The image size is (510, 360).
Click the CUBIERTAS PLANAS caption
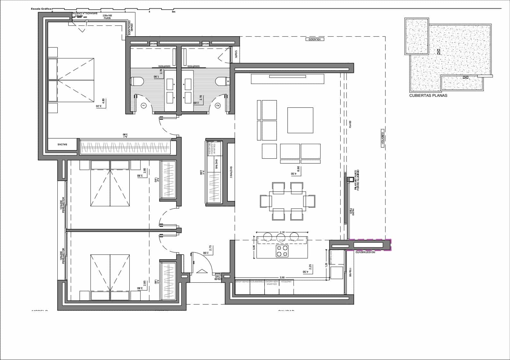pyautogui.click(x=428, y=95)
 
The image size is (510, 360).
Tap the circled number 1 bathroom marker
pyautogui.click(x=144, y=105)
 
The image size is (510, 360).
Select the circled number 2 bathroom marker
pyautogui.click(x=218, y=105)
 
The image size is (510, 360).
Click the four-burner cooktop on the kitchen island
pyautogui.click(x=282, y=250)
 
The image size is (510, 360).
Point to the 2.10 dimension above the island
pyautogui.click(x=282, y=232)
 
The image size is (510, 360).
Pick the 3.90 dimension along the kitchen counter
pyautogui.click(x=282, y=277)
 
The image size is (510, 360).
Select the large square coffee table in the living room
pyautogui.click(x=300, y=120)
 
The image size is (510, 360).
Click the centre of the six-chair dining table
pyautogui.click(x=288, y=201)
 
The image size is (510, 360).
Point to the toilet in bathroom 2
pyautogui.click(x=221, y=81)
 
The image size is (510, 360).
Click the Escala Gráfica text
pyautogui.click(x=41, y=9)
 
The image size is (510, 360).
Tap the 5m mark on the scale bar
pyautogui.click(x=174, y=12)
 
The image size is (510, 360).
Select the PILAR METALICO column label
pyautogui.click(x=357, y=180)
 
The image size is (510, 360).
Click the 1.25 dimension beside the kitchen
pyautogui.click(x=326, y=264)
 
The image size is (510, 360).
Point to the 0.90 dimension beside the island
pyautogui.click(x=254, y=247)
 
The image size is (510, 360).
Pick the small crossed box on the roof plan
pyautogui.click(x=466, y=77)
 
